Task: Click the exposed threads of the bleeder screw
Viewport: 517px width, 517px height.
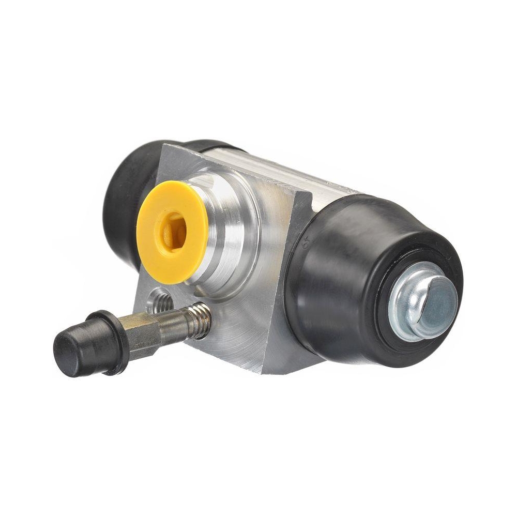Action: point(199,318)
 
